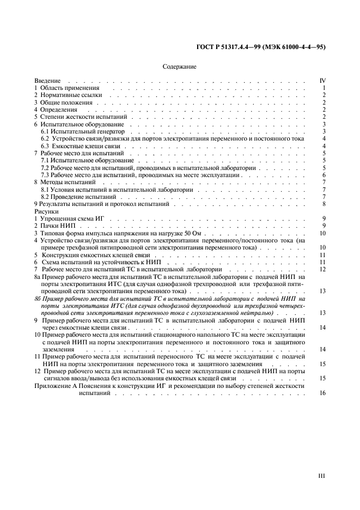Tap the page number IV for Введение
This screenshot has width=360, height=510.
[x=322, y=81]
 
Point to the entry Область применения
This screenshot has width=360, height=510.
[x=69, y=88]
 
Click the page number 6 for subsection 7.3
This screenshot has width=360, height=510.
[x=324, y=175]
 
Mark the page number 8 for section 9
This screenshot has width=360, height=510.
[x=324, y=204]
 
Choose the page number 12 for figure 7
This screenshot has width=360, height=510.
[x=322, y=269]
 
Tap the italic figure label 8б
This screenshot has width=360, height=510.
[x=38, y=299]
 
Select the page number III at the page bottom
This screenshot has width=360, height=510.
[x=322, y=476]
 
